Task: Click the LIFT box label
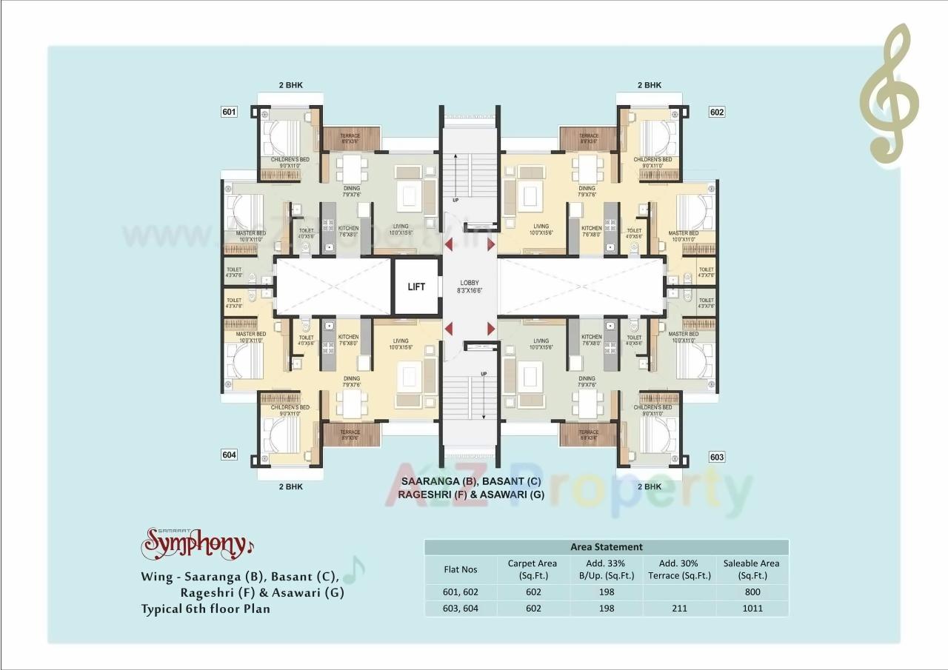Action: (x=416, y=287)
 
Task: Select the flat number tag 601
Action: (x=229, y=112)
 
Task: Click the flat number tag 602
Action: (x=716, y=112)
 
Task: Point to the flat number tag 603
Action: (x=716, y=457)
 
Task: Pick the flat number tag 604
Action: (x=229, y=455)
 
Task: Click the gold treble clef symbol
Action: (x=889, y=93)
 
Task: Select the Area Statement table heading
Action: (x=606, y=547)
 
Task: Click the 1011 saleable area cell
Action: (x=752, y=609)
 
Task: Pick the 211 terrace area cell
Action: (x=678, y=609)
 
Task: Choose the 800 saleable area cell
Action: (x=752, y=592)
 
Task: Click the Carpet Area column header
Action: (x=532, y=569)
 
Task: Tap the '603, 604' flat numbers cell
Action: (x=461, y=609)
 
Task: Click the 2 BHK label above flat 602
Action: (x=649, y=85)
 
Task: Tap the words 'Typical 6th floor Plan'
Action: (x=206, y=609)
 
